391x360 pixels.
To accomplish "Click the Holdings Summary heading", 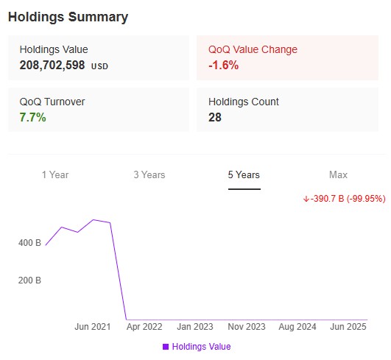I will pos(68,17).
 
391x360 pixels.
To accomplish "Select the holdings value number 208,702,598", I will pos(53,65).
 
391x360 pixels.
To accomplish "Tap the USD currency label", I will pos(99,66).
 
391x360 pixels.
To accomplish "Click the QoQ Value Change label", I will pos(253,49).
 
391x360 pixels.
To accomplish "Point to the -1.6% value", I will pos(223,65).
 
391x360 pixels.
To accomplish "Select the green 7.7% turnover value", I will pos(33,118).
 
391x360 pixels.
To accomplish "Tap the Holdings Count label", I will pos(244,102).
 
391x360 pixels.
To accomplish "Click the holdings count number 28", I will pos(215,118).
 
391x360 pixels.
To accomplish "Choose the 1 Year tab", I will pos(55,175).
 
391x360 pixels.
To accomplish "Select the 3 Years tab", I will pos(149,175).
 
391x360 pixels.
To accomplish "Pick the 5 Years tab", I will pos(244,175).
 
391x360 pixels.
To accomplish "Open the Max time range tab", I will pos(338,175).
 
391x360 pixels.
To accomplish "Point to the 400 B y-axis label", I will pos(29,242).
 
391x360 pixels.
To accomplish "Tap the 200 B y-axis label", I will pos(29,280).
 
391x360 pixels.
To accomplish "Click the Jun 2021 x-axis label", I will pos(93,326).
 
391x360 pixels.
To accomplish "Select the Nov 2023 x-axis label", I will pos(247,326).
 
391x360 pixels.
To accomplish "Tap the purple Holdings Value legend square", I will pos(166,347).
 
